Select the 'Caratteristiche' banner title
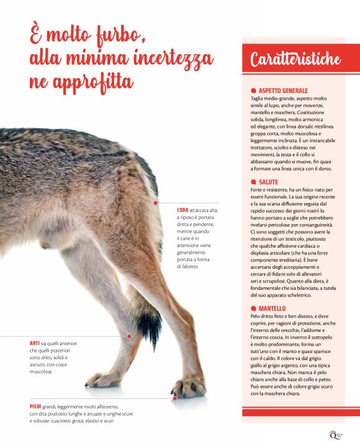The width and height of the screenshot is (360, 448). coord(295,60)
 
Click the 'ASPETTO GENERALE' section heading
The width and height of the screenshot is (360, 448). coord(282,91)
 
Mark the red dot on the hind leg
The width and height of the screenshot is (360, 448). coord(129,336)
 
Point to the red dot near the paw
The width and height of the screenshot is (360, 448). coord(175,398)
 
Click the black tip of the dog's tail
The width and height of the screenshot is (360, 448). coord(149,323)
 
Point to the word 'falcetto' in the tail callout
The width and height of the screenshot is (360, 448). coord(186,266)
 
